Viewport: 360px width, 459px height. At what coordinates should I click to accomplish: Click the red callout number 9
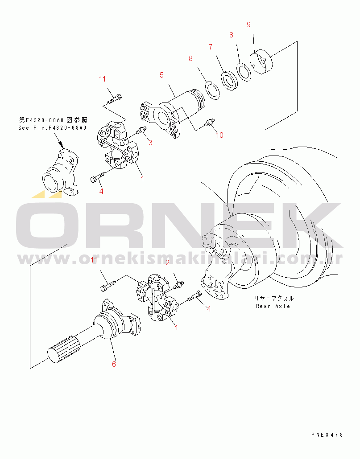[x=248, y=25]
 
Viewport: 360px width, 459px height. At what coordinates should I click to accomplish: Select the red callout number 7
[x=210, y=46]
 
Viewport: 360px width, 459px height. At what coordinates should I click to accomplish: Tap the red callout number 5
[x=161, y=75]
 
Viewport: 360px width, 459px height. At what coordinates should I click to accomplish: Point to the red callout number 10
[x=219, y=135]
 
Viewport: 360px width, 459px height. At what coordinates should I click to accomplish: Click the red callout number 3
[x=150, y=143]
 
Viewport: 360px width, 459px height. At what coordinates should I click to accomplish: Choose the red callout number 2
[x=167, y=262]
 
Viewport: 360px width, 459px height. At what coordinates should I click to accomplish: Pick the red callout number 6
[x=114, y=364]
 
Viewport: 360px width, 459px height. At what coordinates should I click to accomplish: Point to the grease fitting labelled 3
[x=140, y=131]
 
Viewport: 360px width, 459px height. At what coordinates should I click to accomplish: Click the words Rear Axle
[x=273, y=306]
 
